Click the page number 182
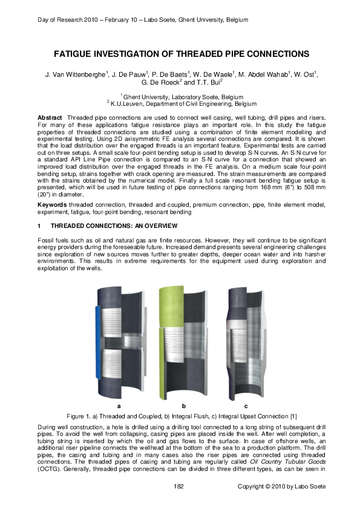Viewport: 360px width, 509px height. (x=178, y=487)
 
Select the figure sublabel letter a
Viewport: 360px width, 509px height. (x=119, y=406)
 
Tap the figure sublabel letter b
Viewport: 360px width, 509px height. (x=183, y=406)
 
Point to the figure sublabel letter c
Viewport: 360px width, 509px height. (x=246, y=406)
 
